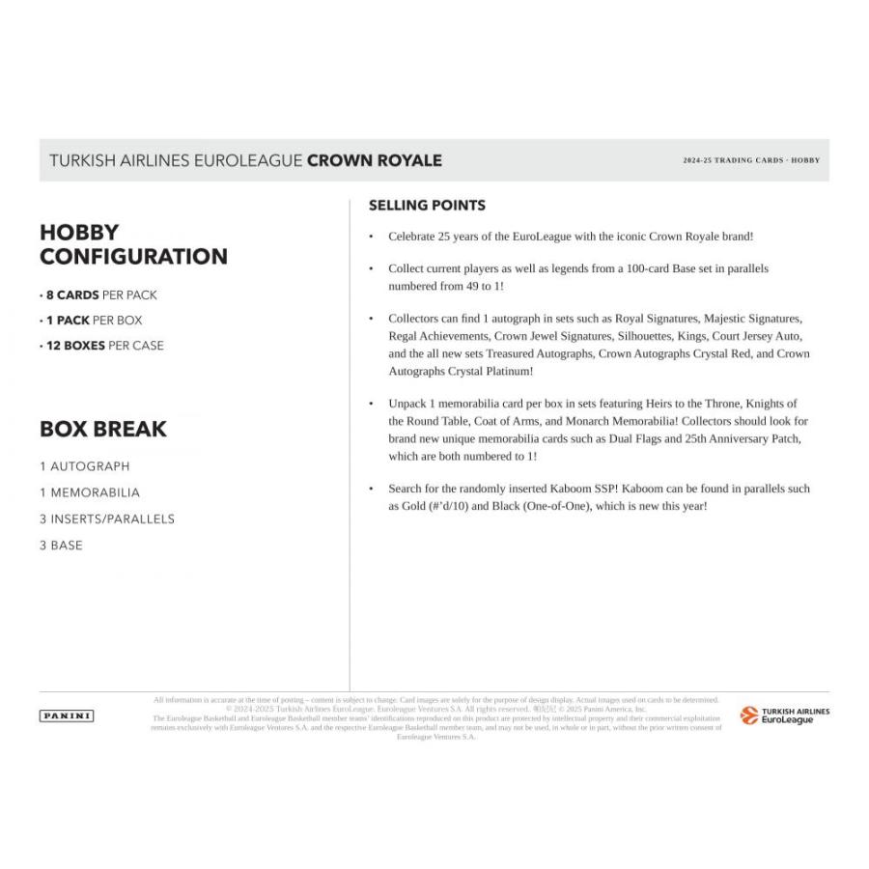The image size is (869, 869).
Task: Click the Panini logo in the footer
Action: coord(67,715)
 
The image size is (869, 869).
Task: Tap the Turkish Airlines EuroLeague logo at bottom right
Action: coord(784,715)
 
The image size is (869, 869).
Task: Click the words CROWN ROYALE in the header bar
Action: coord(374,160)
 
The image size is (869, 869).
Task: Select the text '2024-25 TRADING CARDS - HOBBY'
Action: coord(750,160)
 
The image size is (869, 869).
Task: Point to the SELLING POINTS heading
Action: coord(427,206)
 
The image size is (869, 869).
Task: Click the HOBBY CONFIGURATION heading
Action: coord(133,244)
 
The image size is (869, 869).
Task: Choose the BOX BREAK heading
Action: coord(103,429)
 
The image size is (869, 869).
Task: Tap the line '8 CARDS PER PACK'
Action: coord(98,295)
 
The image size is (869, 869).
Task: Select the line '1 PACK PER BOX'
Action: coord(91,321)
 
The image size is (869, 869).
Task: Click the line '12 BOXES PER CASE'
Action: coord(101,346)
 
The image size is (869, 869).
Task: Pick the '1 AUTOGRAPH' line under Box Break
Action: coord(84,466)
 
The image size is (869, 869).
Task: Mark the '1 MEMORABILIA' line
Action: coord(90,492)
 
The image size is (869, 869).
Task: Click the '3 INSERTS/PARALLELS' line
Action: coord(107,519)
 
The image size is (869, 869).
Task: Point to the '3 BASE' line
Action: coord(61,545)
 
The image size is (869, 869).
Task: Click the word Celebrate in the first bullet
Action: coord(414,236)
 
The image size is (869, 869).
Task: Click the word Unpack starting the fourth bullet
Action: coord(407,404)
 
